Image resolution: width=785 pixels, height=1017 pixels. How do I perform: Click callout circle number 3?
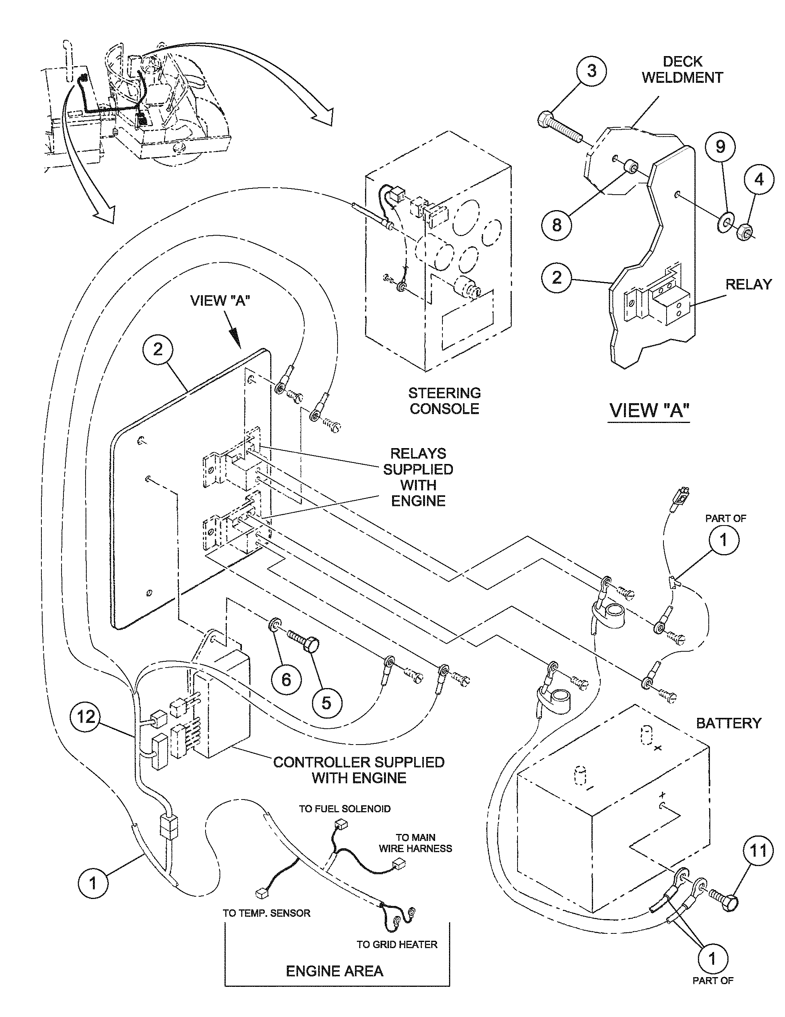(x=591, y=71)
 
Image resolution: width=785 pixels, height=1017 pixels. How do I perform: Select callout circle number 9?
(x=720, y=147)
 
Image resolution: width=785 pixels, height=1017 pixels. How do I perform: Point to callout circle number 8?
(x=557, y=225)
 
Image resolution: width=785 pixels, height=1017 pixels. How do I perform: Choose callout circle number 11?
(x=757, y=851)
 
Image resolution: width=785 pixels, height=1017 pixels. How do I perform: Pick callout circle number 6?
(x=286, y=680)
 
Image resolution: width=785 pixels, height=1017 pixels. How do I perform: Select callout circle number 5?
(x=326, y=702)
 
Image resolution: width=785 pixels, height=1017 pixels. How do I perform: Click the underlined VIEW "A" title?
(x=649, y=410)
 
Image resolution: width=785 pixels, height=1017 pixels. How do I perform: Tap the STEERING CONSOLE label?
(x=444, y=401)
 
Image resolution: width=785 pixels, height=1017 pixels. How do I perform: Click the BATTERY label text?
(x=728, y=723)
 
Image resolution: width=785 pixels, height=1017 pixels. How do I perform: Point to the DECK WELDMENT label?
(x=682, y=69)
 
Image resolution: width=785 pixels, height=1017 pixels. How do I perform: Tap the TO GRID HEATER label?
(x=396, y=944)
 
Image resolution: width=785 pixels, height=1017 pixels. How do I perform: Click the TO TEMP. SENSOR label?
(x=266, y=913)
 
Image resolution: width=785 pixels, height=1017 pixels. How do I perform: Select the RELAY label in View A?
(x=748, y=284)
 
